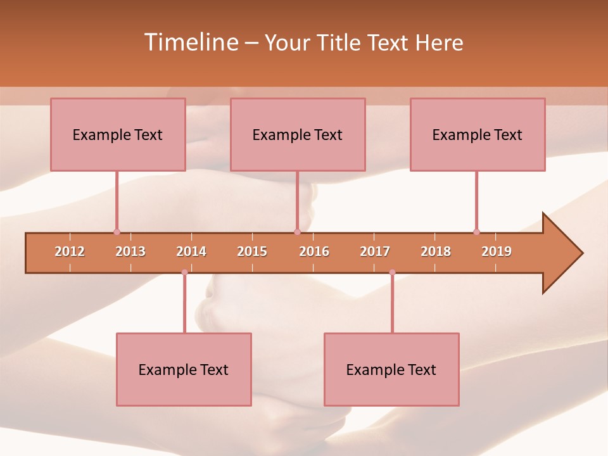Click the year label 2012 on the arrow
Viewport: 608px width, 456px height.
tap(70, 251)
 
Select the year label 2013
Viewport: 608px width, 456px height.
tap(130, 251)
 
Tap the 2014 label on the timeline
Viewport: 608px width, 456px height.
tap(191, 251)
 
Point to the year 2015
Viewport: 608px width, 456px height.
tap(252, 251)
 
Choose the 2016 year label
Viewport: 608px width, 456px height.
tap(314, 251)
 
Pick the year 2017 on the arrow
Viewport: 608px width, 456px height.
tap(375, 251)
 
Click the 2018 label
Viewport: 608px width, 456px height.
tap(436, 251)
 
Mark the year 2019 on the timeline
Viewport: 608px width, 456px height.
tap(497, 251)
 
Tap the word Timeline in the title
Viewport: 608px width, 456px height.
tap(191, 42)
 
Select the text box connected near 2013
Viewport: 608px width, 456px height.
tap(118, 134)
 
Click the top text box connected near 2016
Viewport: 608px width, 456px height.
tap(298, 134)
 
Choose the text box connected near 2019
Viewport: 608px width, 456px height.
tap(478, 134)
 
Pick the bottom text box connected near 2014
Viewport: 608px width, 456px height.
tap(184, 369)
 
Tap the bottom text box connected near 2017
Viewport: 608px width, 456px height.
tap(391, 369)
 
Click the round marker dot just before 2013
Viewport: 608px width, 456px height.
tap(117, 232)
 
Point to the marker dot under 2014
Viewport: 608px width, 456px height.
tap(184, 272)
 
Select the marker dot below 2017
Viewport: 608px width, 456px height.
tap(392, 272)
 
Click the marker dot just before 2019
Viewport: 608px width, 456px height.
tap(476, 232)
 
